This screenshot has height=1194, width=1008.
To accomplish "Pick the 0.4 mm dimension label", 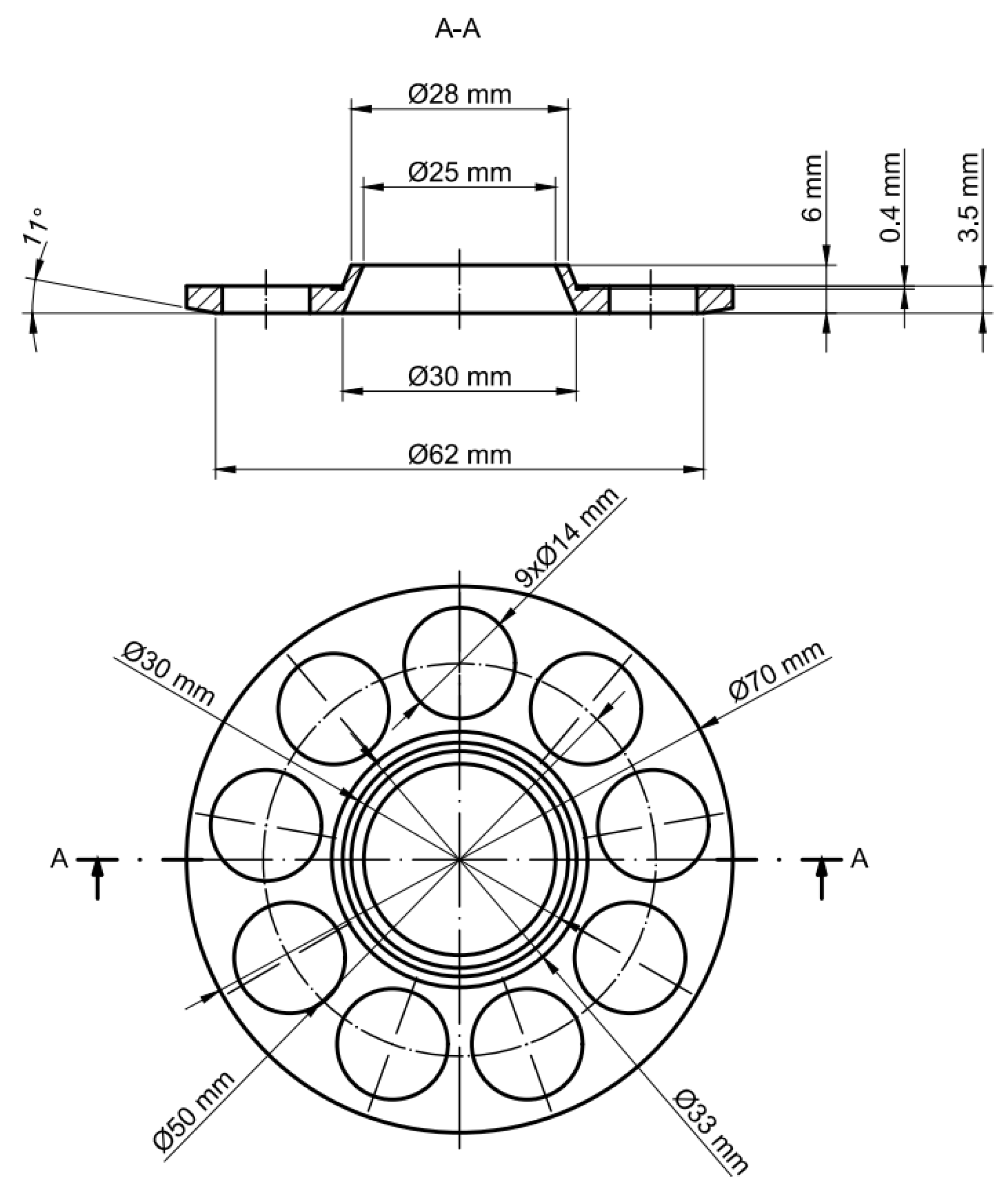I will coord(890,197).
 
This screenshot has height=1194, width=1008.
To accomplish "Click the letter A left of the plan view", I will coord(59,859).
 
